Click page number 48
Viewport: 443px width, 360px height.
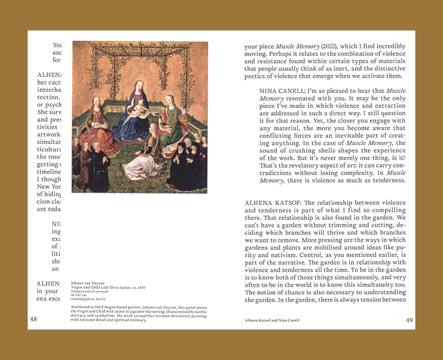pyautogui.click(x=33, y=320)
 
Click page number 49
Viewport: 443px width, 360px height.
pyautogui.click(x=409, y=320)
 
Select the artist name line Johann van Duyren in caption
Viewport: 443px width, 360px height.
pyautogui.click(x=91, y=282)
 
